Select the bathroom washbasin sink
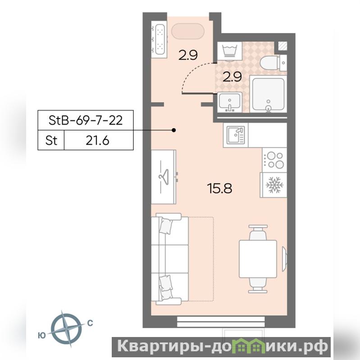click(x=230, y=102)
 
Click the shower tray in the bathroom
click(x=269, y=94)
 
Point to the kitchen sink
click(x=236, y=135)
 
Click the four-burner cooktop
click(x=274, y=160)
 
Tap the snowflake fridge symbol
click(x=274, y=185)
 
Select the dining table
click(x=258, y=259)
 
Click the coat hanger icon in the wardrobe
click(x=164, y=176)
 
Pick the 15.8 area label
click(x=219, y=188)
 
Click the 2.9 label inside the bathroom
click(x=232, y=77)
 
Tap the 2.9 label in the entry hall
click(x=188, y=55)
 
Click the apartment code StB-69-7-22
click(x=86, y=120)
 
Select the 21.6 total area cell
click(x=98, y=140)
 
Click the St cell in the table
click(x=51, y=140)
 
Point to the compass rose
click(x=66, y=328)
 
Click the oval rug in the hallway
click(x=187, y=31)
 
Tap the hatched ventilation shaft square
click(x=283, y=46)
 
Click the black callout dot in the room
click(x=174, y=130)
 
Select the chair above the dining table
click(x=258, y=232)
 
